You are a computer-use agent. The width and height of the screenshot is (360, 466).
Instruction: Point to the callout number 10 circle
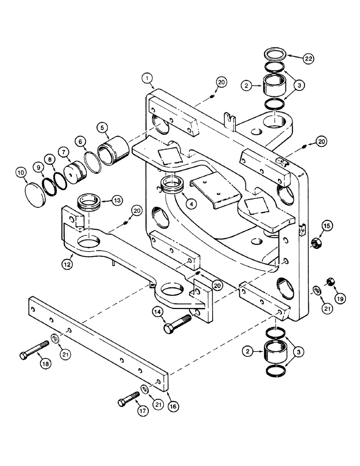(x=20, y=173)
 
